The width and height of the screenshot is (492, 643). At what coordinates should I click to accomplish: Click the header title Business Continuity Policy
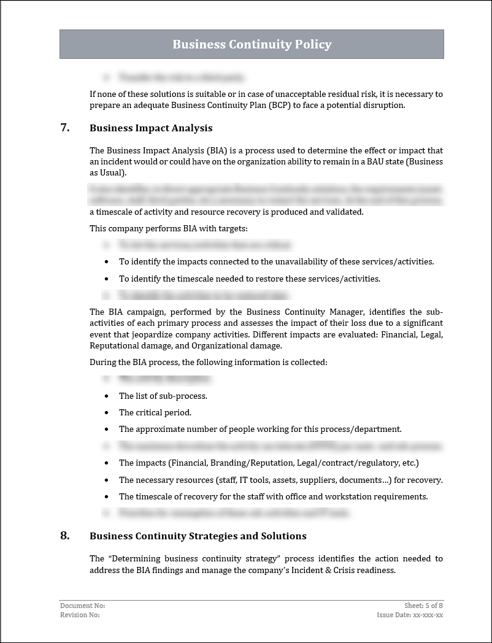click(x=252, y=44)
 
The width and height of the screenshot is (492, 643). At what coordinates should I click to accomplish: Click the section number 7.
click(x=64, y=128)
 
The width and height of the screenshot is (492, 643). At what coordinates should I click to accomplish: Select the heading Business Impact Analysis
click(x=151, y=128)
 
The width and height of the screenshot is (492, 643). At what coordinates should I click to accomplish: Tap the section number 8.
click(x=64, y=536)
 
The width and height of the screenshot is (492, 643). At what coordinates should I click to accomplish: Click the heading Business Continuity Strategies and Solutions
click(x=198, y=536)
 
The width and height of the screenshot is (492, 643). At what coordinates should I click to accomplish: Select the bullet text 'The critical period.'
click(x=155, y=412)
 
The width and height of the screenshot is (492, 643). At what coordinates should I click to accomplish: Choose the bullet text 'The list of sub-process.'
click(x=163, y=396)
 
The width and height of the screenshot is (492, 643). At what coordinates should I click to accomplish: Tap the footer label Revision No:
click(x=80, y=615)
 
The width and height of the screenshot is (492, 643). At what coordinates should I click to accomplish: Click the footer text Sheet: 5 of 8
click(x=423, y=606)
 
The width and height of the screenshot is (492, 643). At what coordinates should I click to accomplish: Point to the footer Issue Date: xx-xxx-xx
click(x=410, y=615)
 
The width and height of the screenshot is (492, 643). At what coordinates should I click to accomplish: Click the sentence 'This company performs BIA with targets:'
click(x=169, y=228)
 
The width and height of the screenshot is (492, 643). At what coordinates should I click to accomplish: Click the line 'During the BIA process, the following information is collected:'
click(x=209, y=362)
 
